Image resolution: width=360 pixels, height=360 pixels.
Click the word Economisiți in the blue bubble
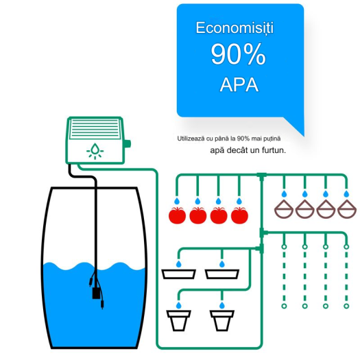click(235, 28)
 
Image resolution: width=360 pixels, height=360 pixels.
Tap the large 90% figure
click(238, 54)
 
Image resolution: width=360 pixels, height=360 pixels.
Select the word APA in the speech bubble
click(239, 85)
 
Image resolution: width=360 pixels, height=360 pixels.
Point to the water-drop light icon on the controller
click(95, 151)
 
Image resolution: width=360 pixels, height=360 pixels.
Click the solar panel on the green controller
click(95, 129)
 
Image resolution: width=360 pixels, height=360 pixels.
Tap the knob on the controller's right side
click(127, 144)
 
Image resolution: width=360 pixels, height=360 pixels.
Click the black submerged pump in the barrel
click(96, 293)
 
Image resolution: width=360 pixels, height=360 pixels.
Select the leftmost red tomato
click(177, 215)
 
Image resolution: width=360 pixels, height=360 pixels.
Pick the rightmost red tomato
click(239, 215)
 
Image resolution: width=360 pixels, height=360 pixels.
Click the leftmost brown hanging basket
click(284, 208)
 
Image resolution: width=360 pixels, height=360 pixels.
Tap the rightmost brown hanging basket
click(347, 208)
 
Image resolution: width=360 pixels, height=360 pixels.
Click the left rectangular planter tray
click(178, 274)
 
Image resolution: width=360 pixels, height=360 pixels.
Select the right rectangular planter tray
click(222, 274)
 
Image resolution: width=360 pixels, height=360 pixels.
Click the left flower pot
click(178, 320)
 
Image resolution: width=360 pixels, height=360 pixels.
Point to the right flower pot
click(222, 320)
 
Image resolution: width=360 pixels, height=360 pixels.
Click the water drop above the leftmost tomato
click(177, 201)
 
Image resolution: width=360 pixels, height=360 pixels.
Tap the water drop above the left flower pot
click(178, 305)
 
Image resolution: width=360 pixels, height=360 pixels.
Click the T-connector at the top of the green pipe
click(261, 176)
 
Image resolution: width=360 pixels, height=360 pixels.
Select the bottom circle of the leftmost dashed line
click(284, 306)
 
